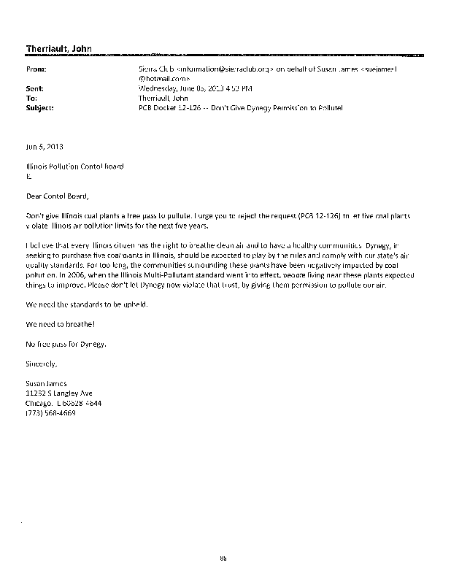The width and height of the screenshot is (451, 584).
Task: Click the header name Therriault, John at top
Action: [x=54, y=49]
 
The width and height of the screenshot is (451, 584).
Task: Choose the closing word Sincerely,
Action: [x=42, y=362]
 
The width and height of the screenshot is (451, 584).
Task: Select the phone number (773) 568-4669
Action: [x=50, y=412]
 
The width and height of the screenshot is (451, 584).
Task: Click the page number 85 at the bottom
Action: [x=224, y=558]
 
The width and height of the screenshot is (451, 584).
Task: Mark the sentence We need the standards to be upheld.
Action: [x=87, y=304]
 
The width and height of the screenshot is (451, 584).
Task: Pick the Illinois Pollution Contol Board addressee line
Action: [x=74, y=166]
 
